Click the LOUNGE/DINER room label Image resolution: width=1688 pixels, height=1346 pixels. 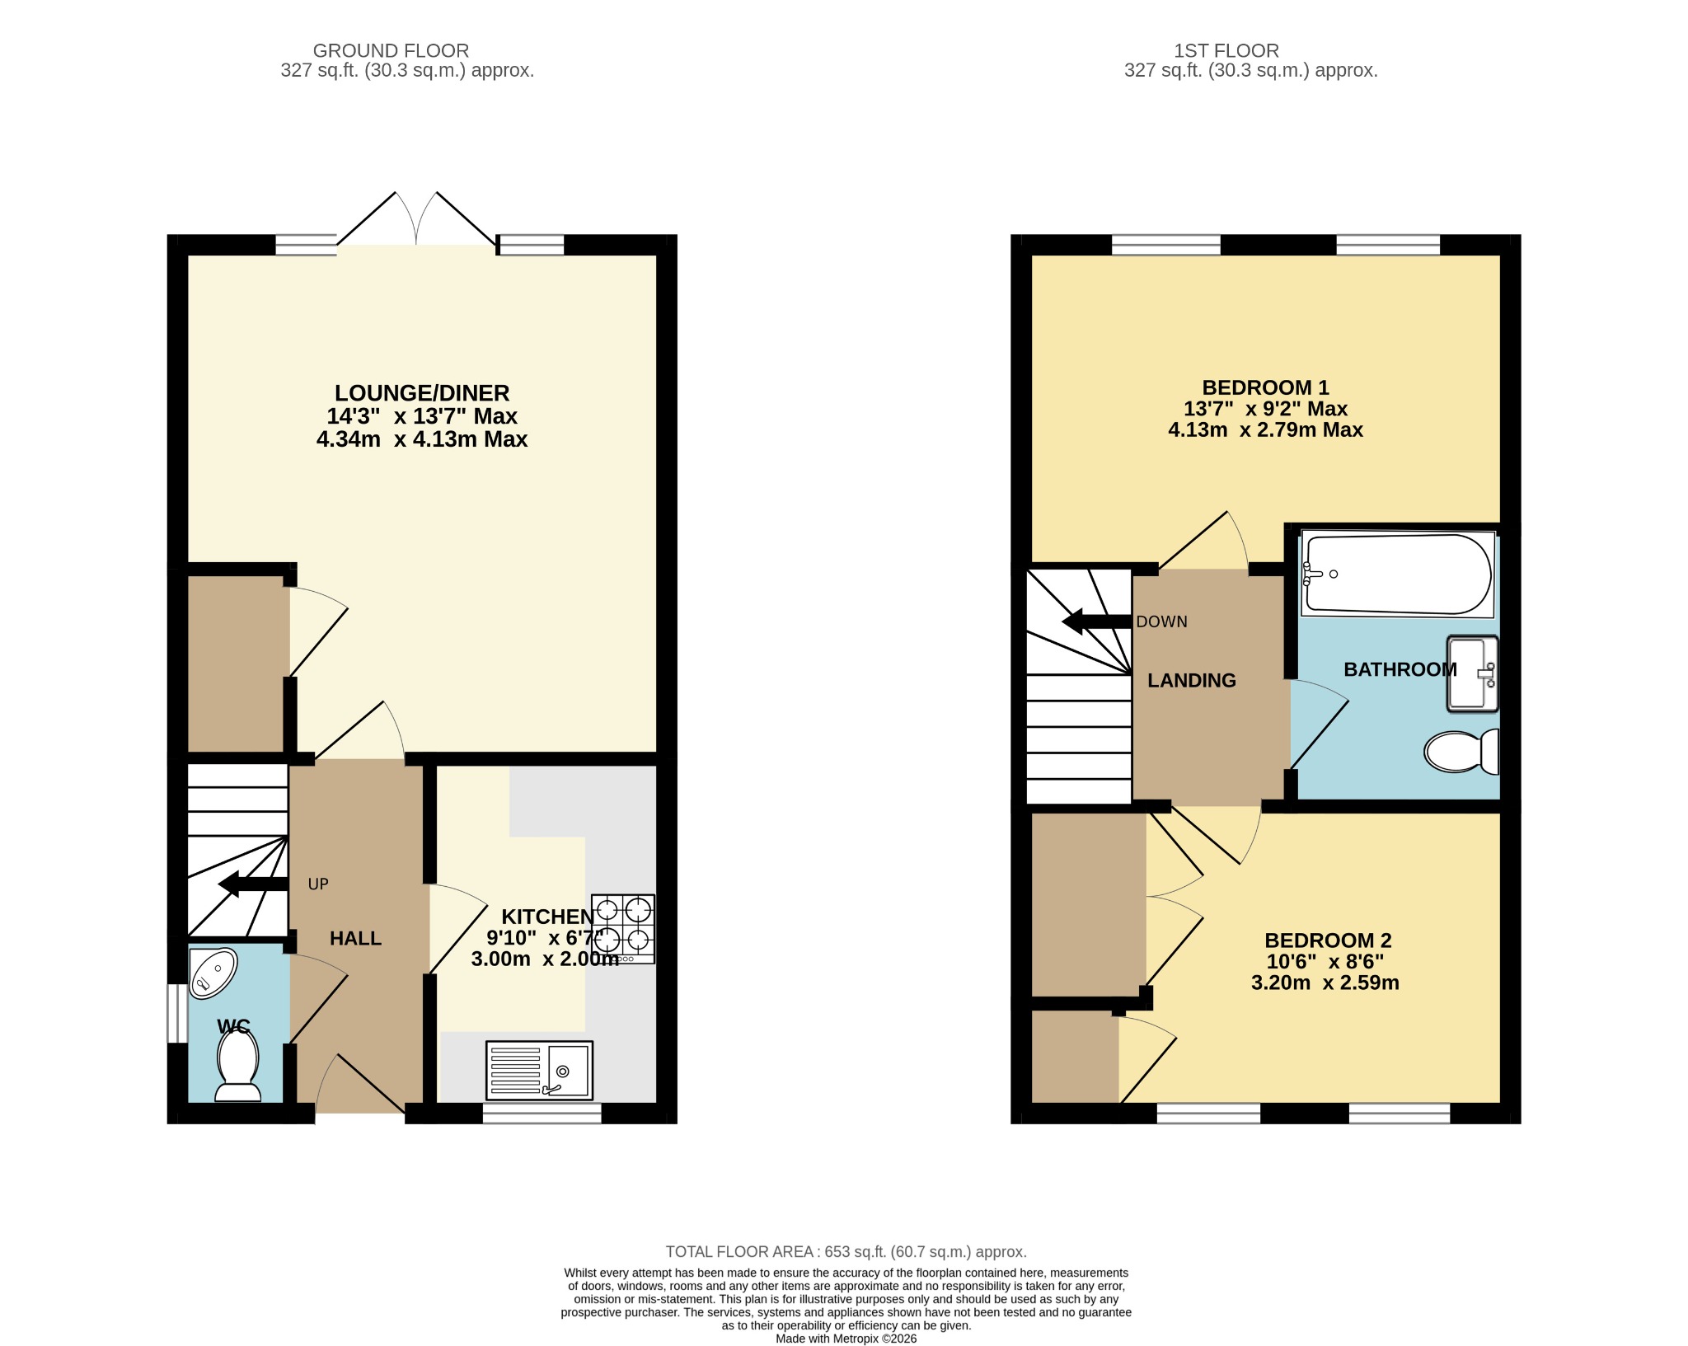pos(422,393)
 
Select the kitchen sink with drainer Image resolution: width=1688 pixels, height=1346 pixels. pos(540,1071)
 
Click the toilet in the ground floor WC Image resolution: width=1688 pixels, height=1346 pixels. pos(237,1065)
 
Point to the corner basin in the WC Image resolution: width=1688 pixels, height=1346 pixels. pos(213,973)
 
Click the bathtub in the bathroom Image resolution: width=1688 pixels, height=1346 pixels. pos(1398,575)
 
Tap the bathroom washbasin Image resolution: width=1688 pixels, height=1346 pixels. pos(1472,673)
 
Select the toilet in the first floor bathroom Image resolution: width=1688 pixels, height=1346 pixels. pos(1461,751)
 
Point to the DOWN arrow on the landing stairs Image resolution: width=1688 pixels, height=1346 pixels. pos(1096,621)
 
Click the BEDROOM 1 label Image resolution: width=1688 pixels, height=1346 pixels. pos(1265,387)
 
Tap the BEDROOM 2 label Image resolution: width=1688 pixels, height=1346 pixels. pos(1328,940)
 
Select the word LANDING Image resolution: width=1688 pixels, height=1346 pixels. pos(1192,681)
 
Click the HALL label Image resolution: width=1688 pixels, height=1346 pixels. pos(355,938)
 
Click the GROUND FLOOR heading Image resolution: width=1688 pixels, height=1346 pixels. pos(391,51)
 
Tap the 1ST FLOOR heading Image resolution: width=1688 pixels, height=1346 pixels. pos(1226,51)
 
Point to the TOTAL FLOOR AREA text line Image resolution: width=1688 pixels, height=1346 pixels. pos(846,1252)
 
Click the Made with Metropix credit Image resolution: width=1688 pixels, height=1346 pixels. pos(846,1339)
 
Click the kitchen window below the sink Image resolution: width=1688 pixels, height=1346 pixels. pos(542,1114)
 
